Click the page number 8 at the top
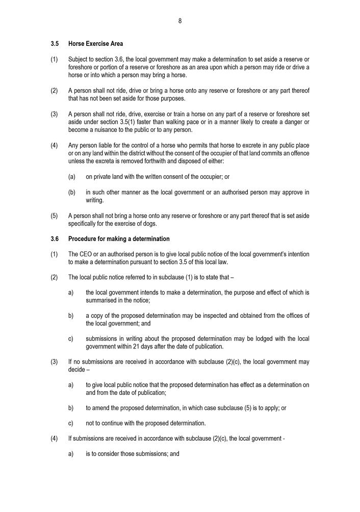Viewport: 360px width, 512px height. [x=180, y=21]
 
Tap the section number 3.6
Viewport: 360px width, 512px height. [x=55, y=239]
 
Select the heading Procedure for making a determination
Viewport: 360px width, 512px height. [x=119, y=239]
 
